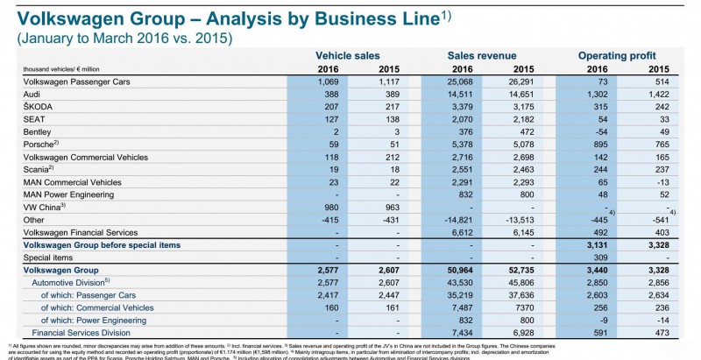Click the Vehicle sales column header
click(x=349, y=55)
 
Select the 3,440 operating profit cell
click(x=599, y=273)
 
